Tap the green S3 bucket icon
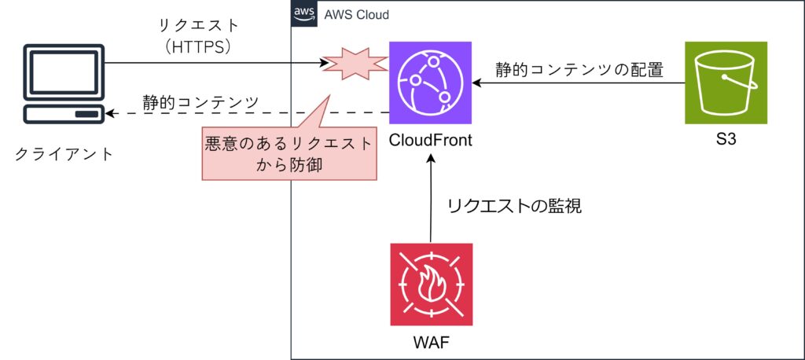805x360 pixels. [x=726, y=83]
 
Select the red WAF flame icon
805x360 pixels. [x=431, y=285]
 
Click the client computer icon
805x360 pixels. [x=64, y=85]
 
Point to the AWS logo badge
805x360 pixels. [x=304, y=14]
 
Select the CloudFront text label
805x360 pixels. [x=431, y=142]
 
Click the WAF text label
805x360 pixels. [x=431, y=343]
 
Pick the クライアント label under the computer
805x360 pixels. [x=64, y=152]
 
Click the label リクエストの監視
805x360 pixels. [x=514, y=208]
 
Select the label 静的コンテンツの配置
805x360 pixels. [x=579, y=69]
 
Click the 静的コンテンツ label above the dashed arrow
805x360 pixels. [x=200, y=101]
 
